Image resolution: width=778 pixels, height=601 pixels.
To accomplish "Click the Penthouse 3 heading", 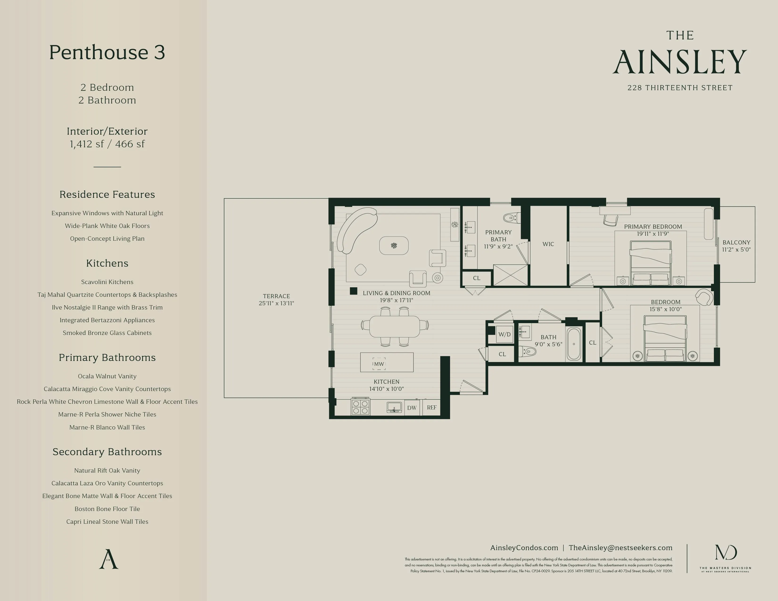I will [107, 52].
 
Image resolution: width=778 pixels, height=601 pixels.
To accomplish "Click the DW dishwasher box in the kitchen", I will [412, 408].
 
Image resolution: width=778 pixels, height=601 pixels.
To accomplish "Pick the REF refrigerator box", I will [431, 408].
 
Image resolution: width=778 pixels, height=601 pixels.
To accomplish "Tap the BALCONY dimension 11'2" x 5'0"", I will [736, 250].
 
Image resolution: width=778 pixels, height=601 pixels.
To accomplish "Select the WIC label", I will [548, 244].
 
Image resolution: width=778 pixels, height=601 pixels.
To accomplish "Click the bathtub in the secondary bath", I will [574, 344].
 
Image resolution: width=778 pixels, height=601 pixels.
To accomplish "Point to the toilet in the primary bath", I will [512, 217].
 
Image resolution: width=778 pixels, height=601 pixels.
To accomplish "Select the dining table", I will [394, 326].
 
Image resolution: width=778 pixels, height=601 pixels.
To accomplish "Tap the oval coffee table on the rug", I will [394, 245].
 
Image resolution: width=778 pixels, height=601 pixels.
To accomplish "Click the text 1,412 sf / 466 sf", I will [107, 144].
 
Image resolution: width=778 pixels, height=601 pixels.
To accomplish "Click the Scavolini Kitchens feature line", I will [107, 282].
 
